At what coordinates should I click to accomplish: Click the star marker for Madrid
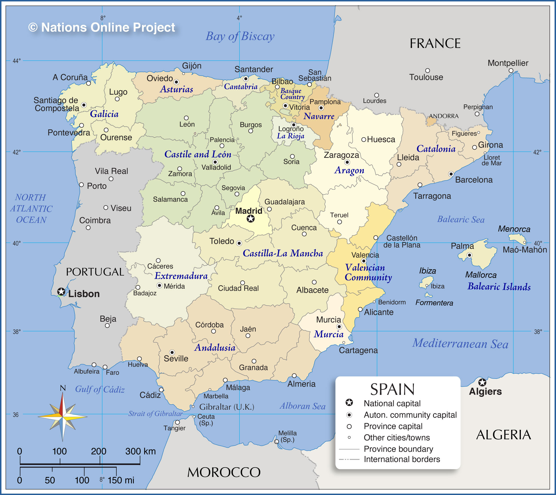pos(251,219)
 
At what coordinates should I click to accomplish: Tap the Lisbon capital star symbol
pos(61,292)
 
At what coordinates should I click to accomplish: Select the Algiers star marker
pos(482,382)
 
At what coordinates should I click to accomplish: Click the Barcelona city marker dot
pos(451,174)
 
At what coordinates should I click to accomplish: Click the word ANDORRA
pos(444,116)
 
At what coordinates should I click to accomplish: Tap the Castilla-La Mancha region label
pos(283,253)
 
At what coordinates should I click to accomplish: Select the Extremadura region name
pos(181,276)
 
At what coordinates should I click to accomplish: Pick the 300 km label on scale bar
pos(140,451)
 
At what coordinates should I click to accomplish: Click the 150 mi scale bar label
pos(121,480)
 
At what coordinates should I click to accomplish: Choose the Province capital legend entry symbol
pos(349,426)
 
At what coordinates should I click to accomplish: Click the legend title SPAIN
pos(392,389)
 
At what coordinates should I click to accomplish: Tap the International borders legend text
pos(402,459)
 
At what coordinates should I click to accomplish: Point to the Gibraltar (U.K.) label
pos(227,407)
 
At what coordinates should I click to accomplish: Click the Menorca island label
pos(514,229)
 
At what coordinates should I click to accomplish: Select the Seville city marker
pos(172,352)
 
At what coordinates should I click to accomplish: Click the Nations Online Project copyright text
pos(102,27)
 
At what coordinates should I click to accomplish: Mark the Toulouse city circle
pos(427,71)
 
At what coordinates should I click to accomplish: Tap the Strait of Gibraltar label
pos(155,413)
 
